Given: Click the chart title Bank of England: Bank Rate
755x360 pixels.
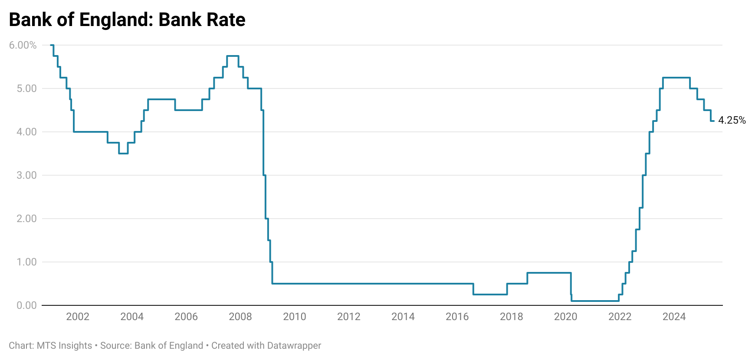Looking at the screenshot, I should [127, 20].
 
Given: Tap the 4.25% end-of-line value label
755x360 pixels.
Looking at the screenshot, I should [732, 121].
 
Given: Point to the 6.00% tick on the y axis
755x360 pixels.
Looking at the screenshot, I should [23, 45].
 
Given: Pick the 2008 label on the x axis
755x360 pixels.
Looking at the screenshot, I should [240, 317].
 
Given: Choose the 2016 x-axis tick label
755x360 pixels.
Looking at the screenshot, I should [457, 317].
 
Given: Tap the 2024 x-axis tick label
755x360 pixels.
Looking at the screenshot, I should [674, 317].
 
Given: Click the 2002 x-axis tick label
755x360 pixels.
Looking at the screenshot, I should [78, 317].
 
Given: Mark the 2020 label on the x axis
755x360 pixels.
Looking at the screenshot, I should [565, 317].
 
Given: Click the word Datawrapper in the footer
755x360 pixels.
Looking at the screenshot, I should [294, 346].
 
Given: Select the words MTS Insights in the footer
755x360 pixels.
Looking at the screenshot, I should [64, 346].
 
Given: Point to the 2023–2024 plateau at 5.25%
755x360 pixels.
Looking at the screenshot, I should [676, 78].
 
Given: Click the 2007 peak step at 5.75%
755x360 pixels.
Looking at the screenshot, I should [233, 56].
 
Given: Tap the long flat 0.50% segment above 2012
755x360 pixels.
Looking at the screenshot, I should [349, 284].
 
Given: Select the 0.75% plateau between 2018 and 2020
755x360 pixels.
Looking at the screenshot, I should [549, 273].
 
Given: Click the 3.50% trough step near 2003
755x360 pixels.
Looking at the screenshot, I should [123, 154].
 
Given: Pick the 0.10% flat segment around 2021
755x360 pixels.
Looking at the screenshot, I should [594, 301].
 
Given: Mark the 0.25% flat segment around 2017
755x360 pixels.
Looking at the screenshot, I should [490, 295].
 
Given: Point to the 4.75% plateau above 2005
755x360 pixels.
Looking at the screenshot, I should [161, 99].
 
